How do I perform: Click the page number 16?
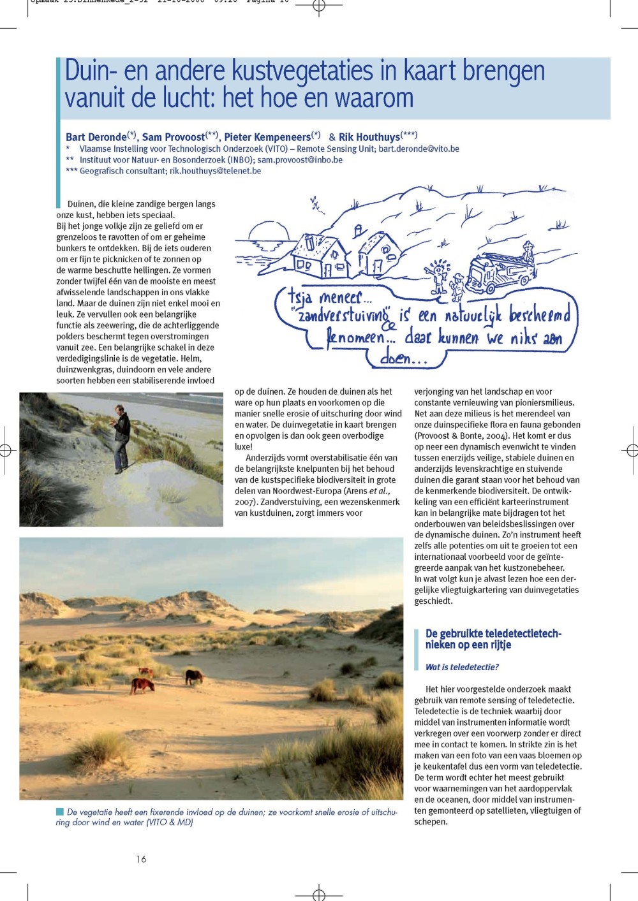pyautogui.click(x=141, y=859)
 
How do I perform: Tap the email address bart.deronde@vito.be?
pyautogui.click(x=419, y=149)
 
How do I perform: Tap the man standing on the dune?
pyautogui.click(x=121, y=438)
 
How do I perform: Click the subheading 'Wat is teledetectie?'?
pyautogui.click(x=462, y=667)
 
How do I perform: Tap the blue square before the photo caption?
pyautogui.click(x=60, y=812)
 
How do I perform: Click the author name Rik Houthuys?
pyautogui.click(x=369, y=137)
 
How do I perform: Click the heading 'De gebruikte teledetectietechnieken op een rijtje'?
pyautogui.click(x=493, y=639)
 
